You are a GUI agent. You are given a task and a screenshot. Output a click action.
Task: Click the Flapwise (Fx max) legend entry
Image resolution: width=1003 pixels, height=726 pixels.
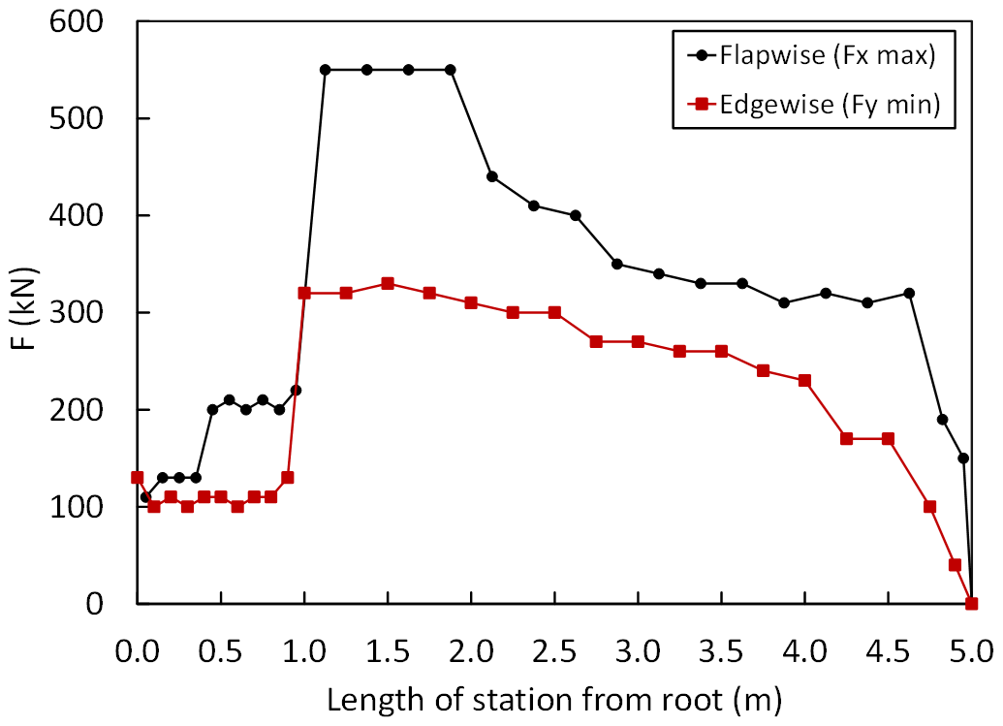(x=827, y=56)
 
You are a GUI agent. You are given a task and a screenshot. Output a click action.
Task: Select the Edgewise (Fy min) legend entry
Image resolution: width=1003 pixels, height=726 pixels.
(x=830, y=105)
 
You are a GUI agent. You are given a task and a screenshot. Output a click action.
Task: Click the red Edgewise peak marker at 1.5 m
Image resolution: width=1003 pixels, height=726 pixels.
(x=388, y=283)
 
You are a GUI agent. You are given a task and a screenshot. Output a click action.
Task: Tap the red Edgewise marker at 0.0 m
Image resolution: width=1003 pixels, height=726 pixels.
(x=138, y=477)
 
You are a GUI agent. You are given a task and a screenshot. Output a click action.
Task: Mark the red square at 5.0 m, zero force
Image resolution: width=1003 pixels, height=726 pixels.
(x=971, y=603)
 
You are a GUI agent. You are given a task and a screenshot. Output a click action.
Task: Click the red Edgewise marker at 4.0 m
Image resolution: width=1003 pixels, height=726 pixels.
(x=804, y=380)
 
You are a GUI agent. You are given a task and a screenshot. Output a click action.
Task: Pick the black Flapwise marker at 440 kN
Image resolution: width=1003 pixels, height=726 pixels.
(x=491, y=176)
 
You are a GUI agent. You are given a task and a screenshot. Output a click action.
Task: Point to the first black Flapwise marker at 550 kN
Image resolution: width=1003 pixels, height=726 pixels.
(x=326, y=70)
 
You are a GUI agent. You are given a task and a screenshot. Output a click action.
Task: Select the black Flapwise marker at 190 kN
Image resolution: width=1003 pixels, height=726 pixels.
(x=942, y=419)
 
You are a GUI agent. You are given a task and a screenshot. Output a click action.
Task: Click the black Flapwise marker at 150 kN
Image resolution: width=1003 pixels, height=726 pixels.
(x=962, y=458)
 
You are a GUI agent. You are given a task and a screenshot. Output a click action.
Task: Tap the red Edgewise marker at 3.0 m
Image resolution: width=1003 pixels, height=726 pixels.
(x=638, y=341)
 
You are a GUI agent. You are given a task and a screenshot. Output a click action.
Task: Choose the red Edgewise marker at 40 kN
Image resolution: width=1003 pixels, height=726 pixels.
(x=955, y=564)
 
